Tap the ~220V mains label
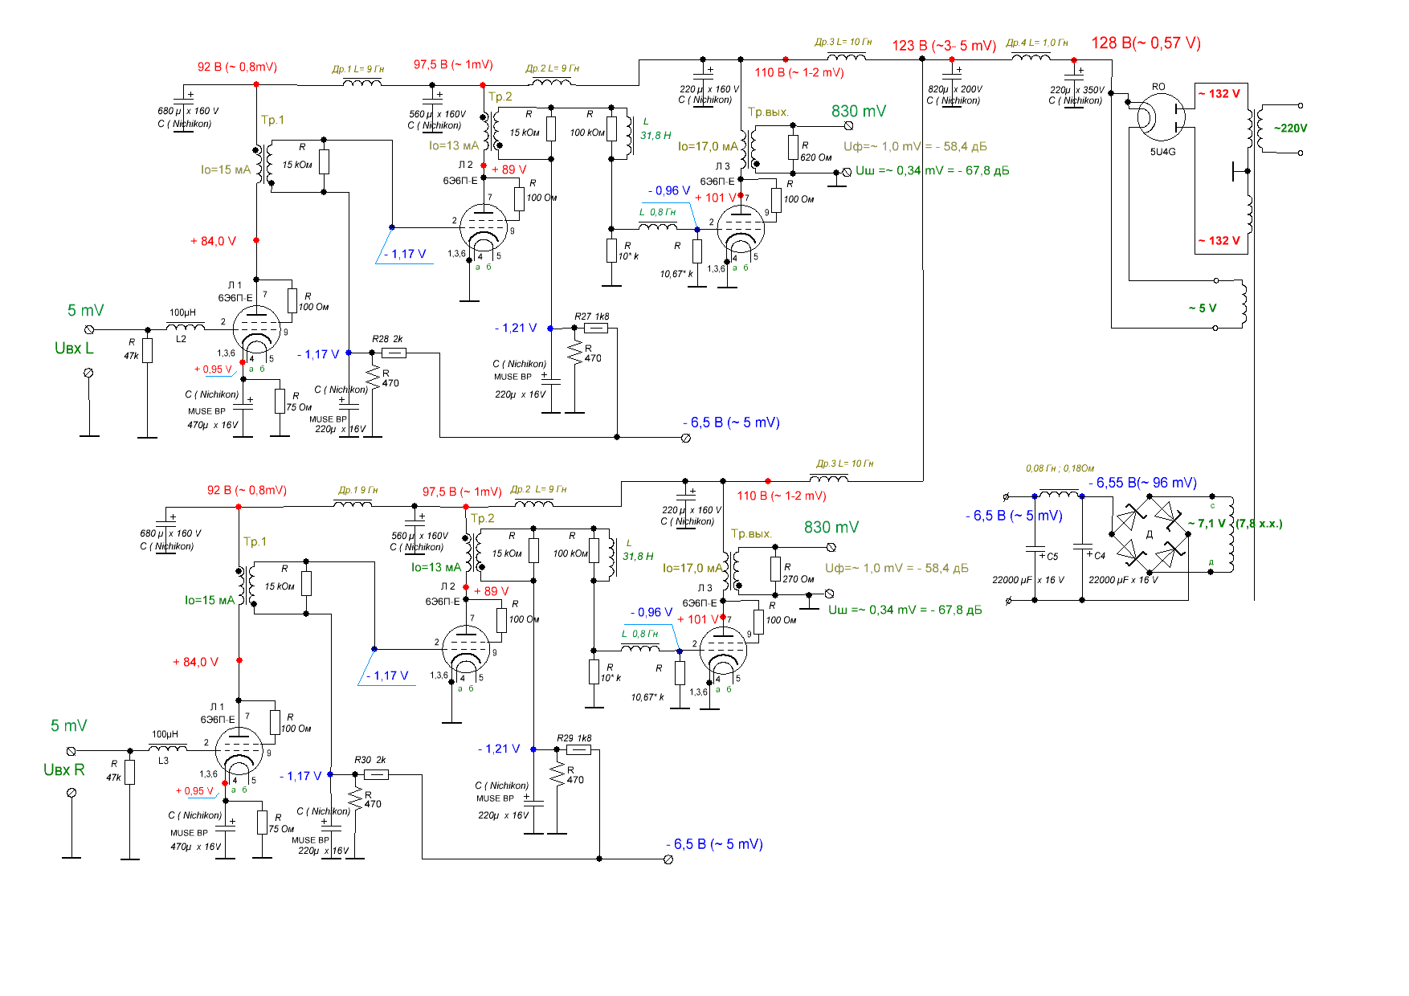click(x=1290, y=128)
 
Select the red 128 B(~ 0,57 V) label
click(x=1146, y=43)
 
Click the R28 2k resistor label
click(x=387, y=339)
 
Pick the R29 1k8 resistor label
click(x=574, y=738)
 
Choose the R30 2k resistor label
click(x=370, y=760)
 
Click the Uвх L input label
click(x=74, y=349)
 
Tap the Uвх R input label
click(x=64, y=770)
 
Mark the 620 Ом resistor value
click(x=815, y=157)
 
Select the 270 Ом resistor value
click(x=798, y=579)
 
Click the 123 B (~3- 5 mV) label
click(x=944, y=46)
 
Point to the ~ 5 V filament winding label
click(x=1202, y=308)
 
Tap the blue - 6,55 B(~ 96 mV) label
click(x=1142, y=483)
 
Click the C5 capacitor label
click(x=1052, y=557)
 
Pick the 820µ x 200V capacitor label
click(x=955, y=89)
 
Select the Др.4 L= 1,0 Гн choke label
click(x=1037, y=43)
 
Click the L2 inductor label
click(x=181, y=339)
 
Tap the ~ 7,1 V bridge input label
click(x=1207, y=524)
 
